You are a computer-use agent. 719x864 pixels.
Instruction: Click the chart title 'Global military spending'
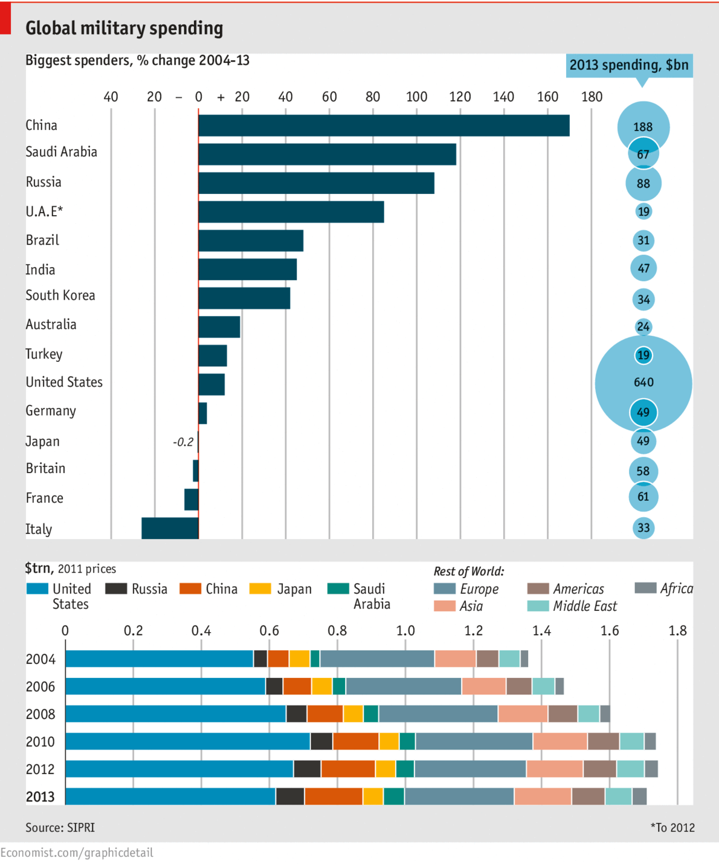point(124,28)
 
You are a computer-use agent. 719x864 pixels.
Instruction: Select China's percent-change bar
point(384,126)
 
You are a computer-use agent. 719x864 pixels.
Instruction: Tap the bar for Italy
point(170,528)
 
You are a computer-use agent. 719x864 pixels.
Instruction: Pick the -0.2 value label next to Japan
point(183,442)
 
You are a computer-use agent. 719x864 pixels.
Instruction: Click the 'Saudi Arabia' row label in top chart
point(61,152)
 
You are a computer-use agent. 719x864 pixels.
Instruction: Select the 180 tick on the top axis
point(592,97)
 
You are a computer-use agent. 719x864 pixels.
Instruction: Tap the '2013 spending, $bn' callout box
point(628,65)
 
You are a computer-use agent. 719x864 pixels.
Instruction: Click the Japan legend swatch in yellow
point(260,588)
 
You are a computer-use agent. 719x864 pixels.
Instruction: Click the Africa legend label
point(676,588)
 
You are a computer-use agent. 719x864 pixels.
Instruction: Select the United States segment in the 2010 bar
point(187,741)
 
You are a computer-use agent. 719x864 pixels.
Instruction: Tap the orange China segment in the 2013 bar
point(334,796)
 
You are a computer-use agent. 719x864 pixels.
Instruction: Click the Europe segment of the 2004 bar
point(377,659)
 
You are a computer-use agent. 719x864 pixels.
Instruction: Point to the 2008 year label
point(40,714)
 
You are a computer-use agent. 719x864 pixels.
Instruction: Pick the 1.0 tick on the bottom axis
point(405,631)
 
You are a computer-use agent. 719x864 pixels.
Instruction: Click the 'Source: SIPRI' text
point(60,828)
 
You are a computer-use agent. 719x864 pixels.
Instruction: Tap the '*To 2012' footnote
point(672,828)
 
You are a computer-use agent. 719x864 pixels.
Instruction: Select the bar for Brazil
point(251,240)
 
